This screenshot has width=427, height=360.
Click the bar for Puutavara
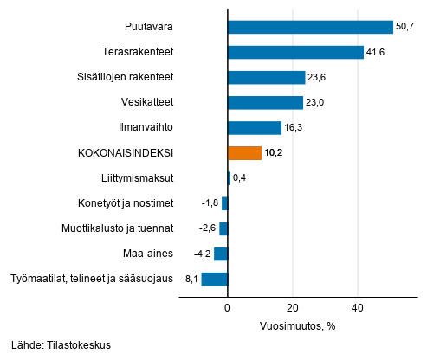click(x=309, y=27)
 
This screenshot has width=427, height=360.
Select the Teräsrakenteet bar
click(x=294, y=52)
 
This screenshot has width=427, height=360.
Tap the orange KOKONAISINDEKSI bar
click(x=244, y=153)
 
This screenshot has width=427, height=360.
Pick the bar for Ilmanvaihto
click(x=254, y=128)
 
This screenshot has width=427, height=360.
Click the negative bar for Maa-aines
click(x=221, y=254)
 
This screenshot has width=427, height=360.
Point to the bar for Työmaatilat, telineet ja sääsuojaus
click(x=214, y=279)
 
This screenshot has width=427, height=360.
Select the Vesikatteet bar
click(x=265, y=103)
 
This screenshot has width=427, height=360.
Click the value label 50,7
click(x=405, y=27)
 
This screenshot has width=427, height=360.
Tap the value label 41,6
click(x=376, y=53)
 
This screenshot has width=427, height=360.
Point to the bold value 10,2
click(x=275, y=153)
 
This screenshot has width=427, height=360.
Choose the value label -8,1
click(x=189, y=280)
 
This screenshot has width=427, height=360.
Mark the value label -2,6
click(x=206, y=229)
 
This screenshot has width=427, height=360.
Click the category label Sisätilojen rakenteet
click(x=125, y=77)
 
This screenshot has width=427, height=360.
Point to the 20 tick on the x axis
click(x=293, y=308)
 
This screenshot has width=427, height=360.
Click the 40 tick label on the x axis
click(x=358, y=308)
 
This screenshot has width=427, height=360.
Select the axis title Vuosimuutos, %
click(x=297, y=326)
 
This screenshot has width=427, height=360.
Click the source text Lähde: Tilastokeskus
click(x=61, y=345)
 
